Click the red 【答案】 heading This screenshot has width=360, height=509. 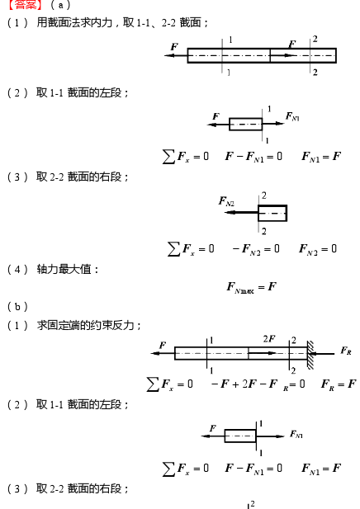[26, 5]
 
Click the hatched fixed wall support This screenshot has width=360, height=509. [310, 355]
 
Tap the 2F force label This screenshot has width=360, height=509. [269, 339]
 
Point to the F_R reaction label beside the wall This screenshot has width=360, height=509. [346, 351]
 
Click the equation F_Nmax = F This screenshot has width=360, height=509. [252, 288]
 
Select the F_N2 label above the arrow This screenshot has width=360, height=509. [226, 201]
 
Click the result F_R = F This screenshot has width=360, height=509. [339, 384]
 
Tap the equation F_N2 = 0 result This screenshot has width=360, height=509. [318, 249]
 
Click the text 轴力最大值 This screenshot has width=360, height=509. [64, 270]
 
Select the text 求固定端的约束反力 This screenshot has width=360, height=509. [85, 325]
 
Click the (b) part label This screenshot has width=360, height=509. [17, 306]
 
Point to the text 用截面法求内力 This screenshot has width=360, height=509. [74, 23]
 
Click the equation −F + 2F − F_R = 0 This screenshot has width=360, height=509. [258, 384]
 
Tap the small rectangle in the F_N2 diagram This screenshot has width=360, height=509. [272, 213]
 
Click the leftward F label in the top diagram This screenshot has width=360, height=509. [174, 47]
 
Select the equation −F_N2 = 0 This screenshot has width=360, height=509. [256, 249]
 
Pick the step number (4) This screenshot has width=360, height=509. [17, 270]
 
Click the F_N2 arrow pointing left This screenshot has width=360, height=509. [241, 213]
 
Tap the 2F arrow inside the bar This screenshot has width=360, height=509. [263, 353]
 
